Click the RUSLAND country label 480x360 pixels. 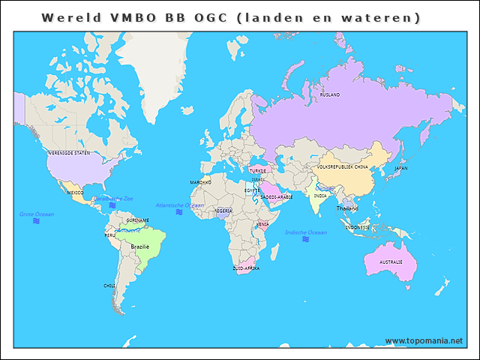(329, 95)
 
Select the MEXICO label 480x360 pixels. (76, 193)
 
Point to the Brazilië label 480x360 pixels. (140, 246)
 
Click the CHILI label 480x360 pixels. (109, 286)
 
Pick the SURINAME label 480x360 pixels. (137, 220)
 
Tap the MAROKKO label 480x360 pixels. (200, 182)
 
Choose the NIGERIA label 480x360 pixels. (223, 211)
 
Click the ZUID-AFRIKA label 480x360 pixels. (246, 267)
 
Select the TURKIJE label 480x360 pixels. (257, 170)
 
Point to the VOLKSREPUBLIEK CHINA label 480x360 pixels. (342, 166)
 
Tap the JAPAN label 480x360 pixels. (401, 169)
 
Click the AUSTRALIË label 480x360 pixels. (391, 262)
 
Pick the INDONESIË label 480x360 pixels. (357, 226)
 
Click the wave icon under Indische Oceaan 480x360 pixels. (306, 241)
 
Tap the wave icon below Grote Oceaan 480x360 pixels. (36, 223)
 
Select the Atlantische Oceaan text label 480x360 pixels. (179, 205)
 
